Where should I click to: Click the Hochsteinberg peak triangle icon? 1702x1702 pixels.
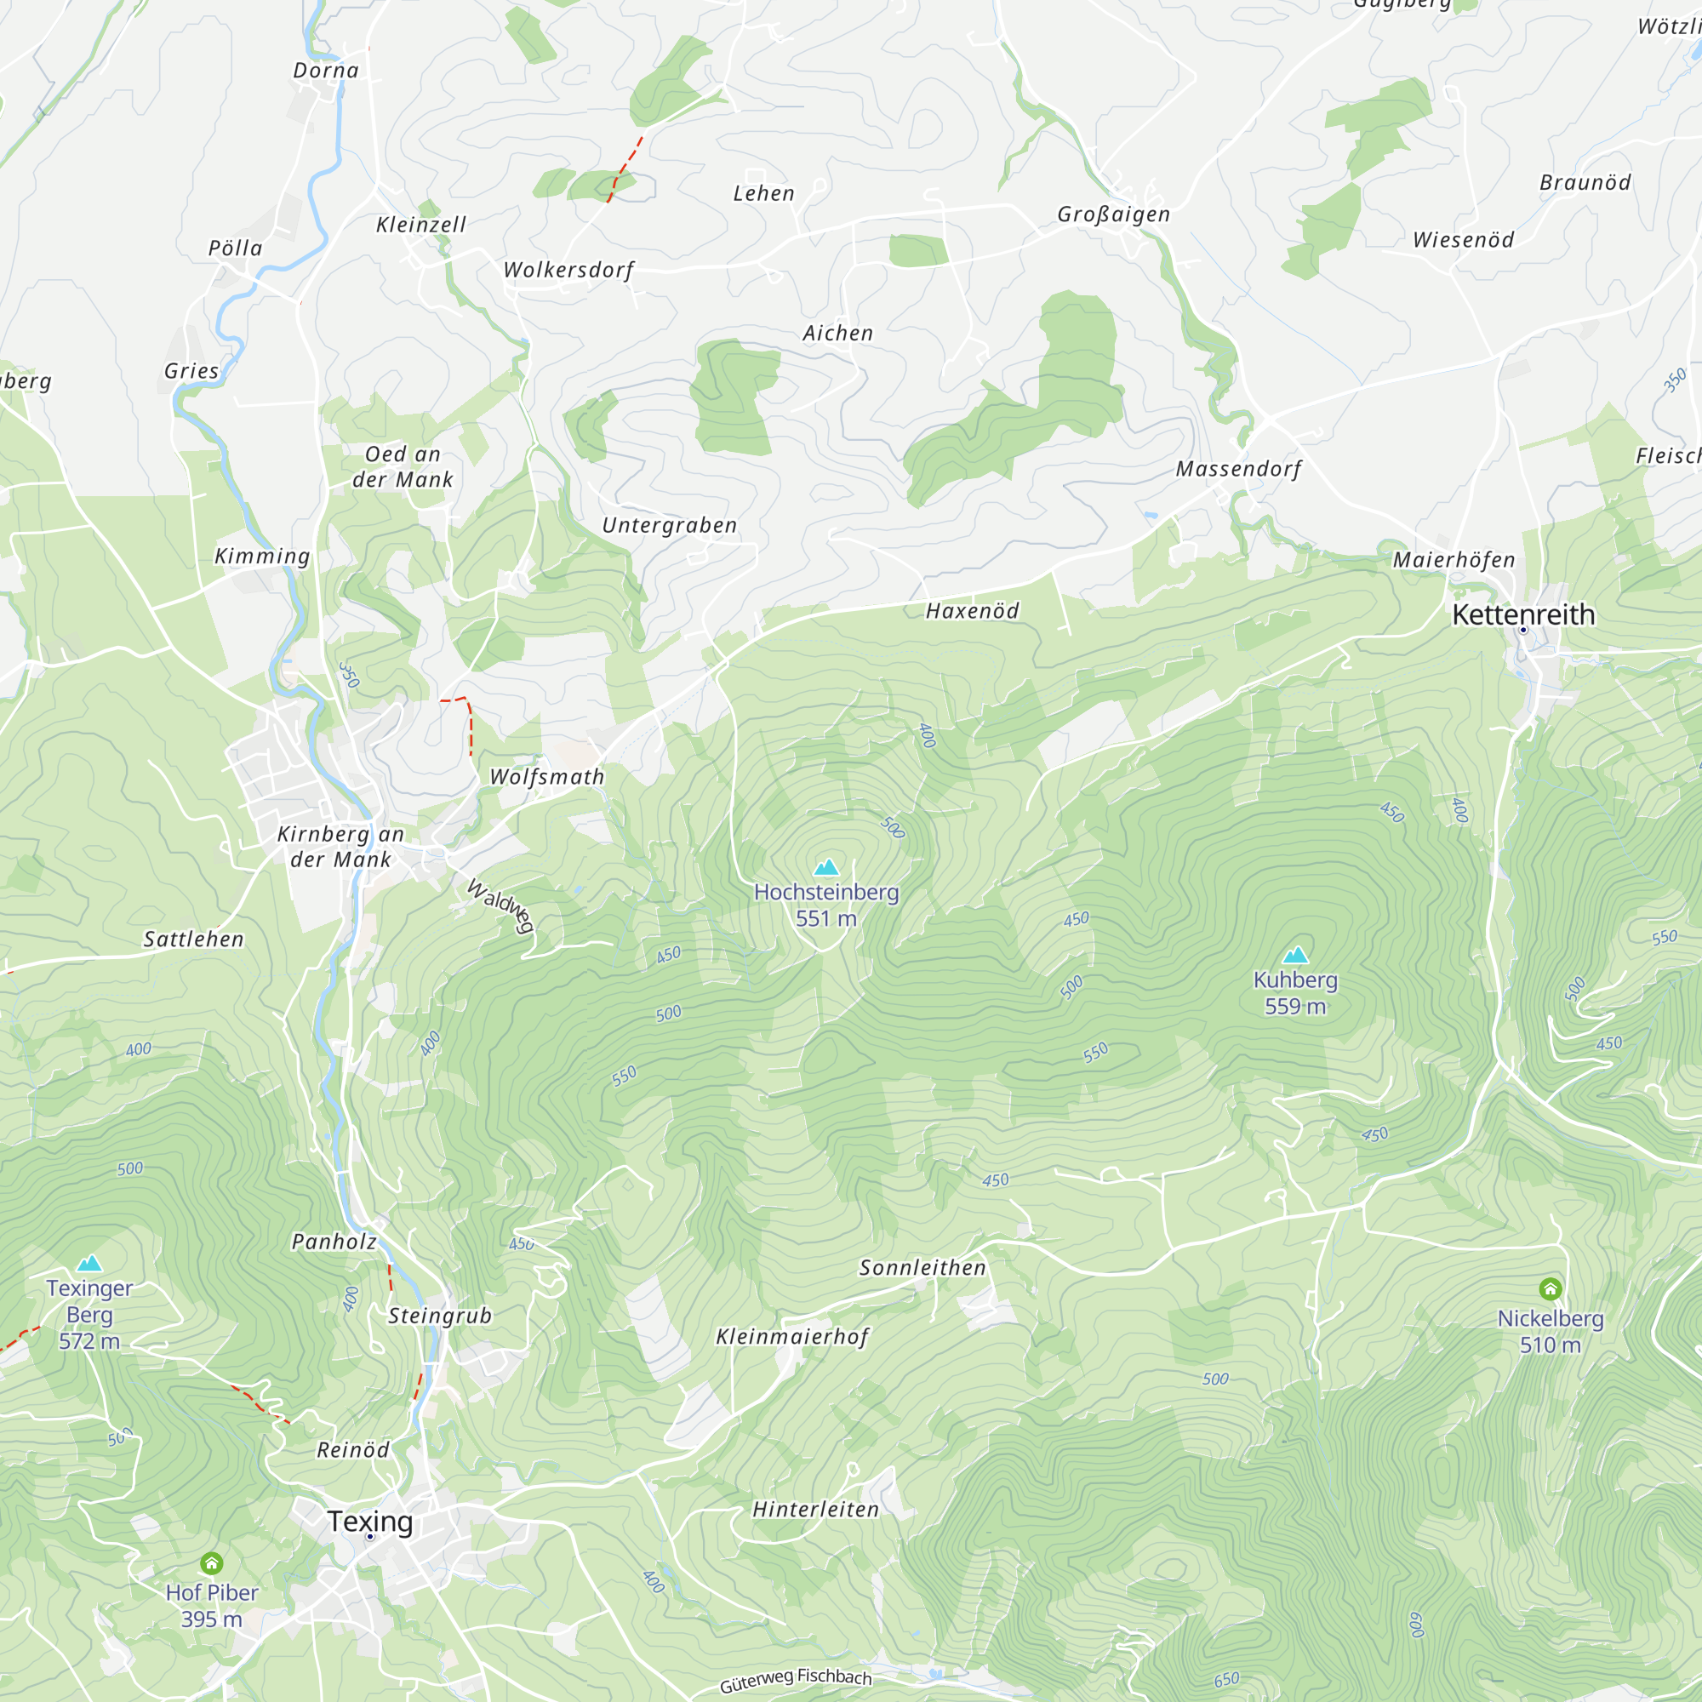click(x=825, y=868)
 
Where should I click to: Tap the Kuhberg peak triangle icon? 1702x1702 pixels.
click(x=1295, y=955)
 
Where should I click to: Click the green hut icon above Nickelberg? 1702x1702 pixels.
click(x=1551, y=1288)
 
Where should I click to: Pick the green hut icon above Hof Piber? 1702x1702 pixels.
click(x=211, y=1563)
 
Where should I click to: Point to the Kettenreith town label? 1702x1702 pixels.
click(x=1523, y=614)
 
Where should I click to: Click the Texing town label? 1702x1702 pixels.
click(x=370, y=1522)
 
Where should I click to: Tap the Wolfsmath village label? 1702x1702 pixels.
click(x=547, y=777)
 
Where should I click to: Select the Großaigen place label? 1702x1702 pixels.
click(x=1113, y=214)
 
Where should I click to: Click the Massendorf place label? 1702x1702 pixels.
click(x=1238, y=469)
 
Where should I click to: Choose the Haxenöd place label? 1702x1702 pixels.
click(x=972, y=610)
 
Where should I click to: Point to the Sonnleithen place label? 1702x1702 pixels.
click(x=922, y=1268)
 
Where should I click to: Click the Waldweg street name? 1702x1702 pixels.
click(x=500, y=905)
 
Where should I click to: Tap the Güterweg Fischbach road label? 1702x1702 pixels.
click(x=796, y=1679)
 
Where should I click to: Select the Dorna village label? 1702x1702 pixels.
click(x=326, y=71)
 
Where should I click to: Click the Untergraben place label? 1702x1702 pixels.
click(x=670, y=525)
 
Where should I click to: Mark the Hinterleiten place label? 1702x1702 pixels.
click(x=816, y=1510)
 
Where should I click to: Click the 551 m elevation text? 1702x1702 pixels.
click(x=825, y=919)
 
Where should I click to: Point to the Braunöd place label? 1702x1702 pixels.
click(x=1585, y=182)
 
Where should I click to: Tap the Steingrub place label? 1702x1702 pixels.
click(x=440, y=1316)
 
